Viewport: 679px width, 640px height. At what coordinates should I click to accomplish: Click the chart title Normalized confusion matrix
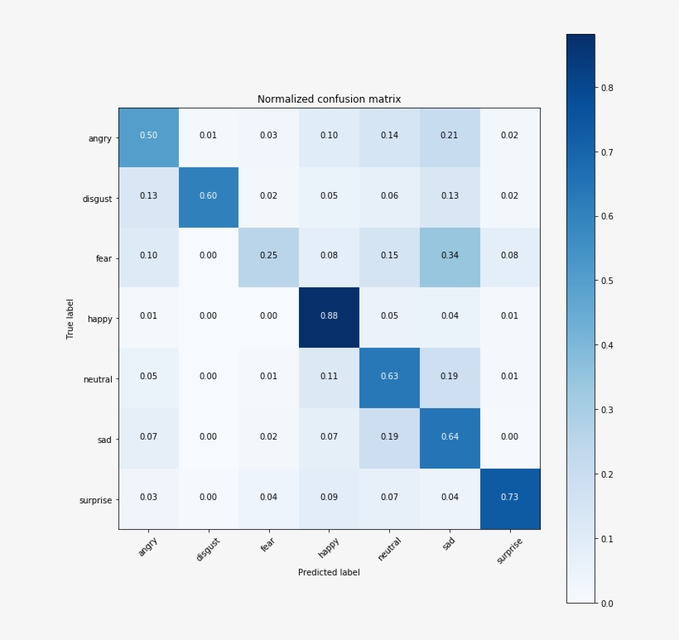click(x=329, y=99)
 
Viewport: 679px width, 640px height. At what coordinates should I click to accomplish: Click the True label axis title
click(x=70, y=319)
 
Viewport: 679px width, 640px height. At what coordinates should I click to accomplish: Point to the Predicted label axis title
click(x=329, y=572)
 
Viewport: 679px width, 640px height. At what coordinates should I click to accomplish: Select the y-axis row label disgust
click(x=97, y=199)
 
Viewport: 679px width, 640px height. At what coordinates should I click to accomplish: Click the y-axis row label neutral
click(x=97, y=379)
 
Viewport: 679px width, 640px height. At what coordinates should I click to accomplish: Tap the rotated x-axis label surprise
click(x=510, y=550)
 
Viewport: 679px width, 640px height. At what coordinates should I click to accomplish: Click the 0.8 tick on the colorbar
click(x=607, y=88)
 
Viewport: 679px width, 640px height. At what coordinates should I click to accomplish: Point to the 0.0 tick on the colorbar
click(x=607, y=603)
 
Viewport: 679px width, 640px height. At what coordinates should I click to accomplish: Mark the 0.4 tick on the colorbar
click(x=607, y=345)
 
